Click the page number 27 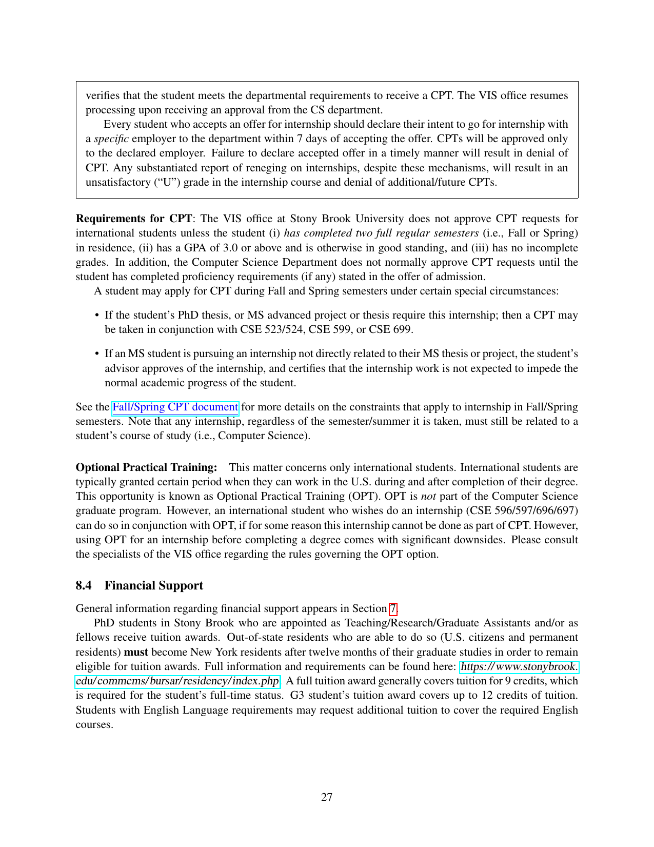point(327,797)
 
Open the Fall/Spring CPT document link point(175,407)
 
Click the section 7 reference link point(393,608)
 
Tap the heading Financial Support point(153,585)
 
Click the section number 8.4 point(84,585)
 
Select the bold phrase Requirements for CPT point(134,219)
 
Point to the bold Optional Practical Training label point(146,467)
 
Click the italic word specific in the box point(111,139)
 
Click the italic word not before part point(428,496)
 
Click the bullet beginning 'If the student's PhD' point(97,315)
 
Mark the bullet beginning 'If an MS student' point(97,353)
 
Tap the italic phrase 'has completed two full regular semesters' point(381,233)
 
